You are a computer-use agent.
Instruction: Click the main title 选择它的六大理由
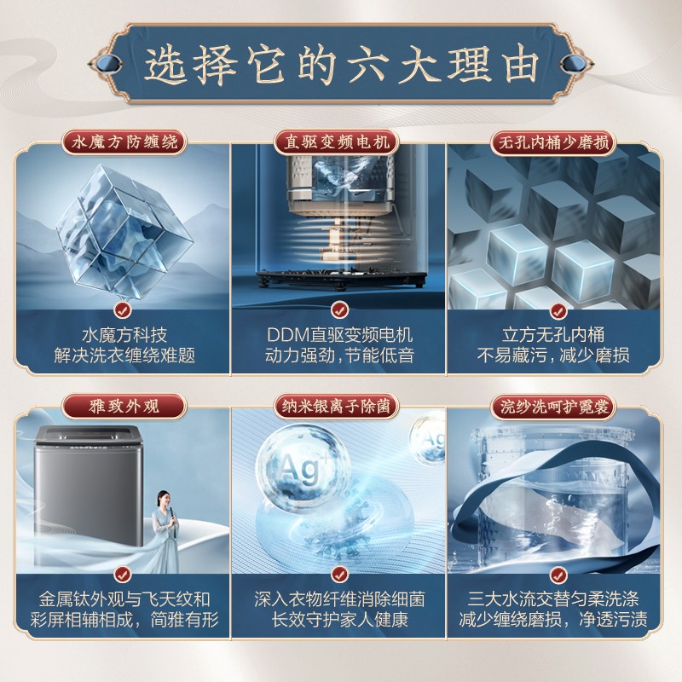[x=342, y=66]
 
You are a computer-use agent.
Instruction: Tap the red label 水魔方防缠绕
[x=124, y=142]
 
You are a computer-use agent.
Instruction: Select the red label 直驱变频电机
[x=337, y=142]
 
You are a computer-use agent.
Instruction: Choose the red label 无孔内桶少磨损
[x=553, y=142]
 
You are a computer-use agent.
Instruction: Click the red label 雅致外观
[x=124, y=407]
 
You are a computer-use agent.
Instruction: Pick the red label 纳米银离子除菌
[x=337, y=407]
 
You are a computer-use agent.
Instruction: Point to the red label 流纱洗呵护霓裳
[x=553, y=407]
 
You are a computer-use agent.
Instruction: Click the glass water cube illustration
[x=124, y=231]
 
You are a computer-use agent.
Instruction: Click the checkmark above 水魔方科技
[x=123, y=310]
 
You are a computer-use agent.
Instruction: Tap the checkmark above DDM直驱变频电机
[x=339, y=310]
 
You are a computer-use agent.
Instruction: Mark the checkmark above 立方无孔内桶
[x=558, y=311]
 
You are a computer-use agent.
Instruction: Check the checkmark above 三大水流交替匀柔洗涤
[x=558, y=575]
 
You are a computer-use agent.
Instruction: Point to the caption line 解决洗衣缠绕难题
[x=124, y=355]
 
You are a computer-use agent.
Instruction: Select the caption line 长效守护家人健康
[x=339, y=620]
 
